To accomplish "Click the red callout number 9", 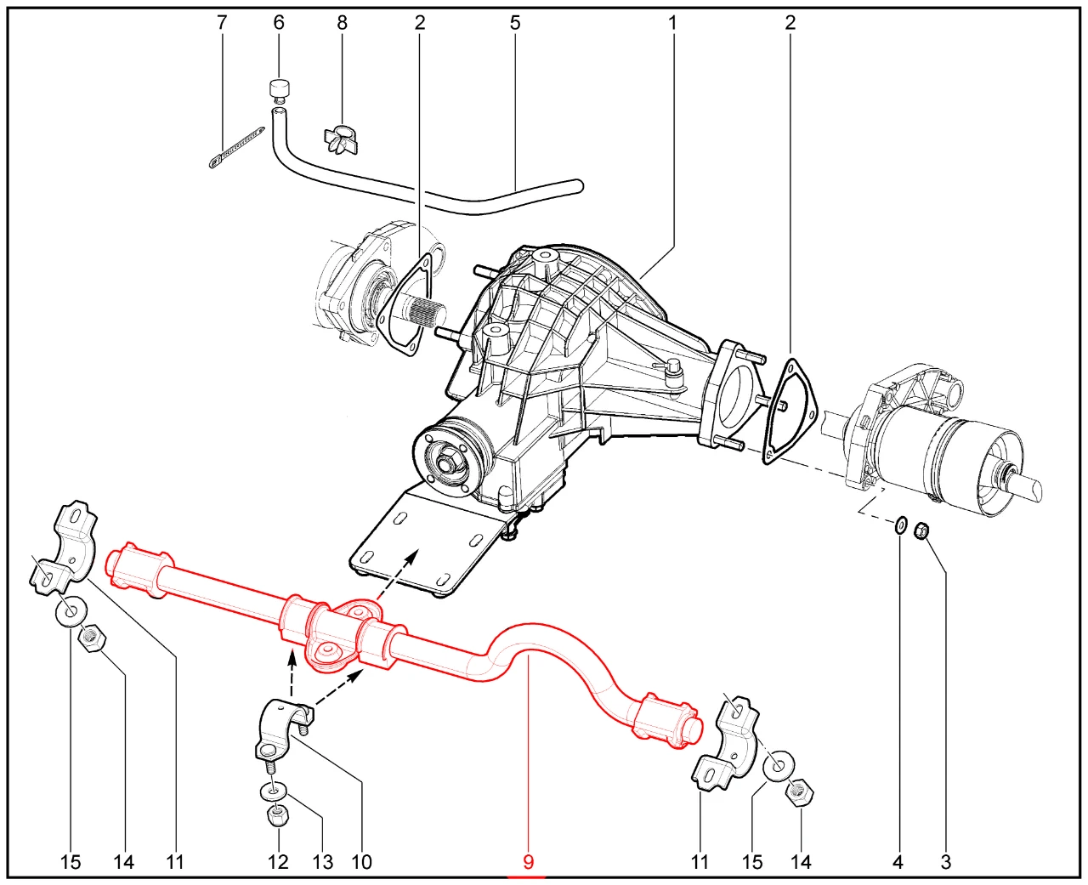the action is click(x=528, y=862).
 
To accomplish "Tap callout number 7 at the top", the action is click(x=222, y=22).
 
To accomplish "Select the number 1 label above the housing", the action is click(x=672, y=22).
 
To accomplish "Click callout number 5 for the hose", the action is click(x=515, y=22).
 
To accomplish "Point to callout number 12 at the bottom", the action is click(x=278, y=862).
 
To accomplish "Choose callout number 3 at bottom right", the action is click(x=945, y=862).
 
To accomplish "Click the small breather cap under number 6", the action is click(x=279, y=89).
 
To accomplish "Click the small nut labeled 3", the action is click(x=921, y=530).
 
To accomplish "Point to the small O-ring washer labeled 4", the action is click(x=900, y=525).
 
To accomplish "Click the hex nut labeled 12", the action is click(x=277, y=816).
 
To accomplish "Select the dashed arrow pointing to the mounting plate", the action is click(x=394, y=577).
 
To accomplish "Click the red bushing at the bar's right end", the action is click(x=664, y=721).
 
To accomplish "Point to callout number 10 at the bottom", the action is click(x=361, y=862).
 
